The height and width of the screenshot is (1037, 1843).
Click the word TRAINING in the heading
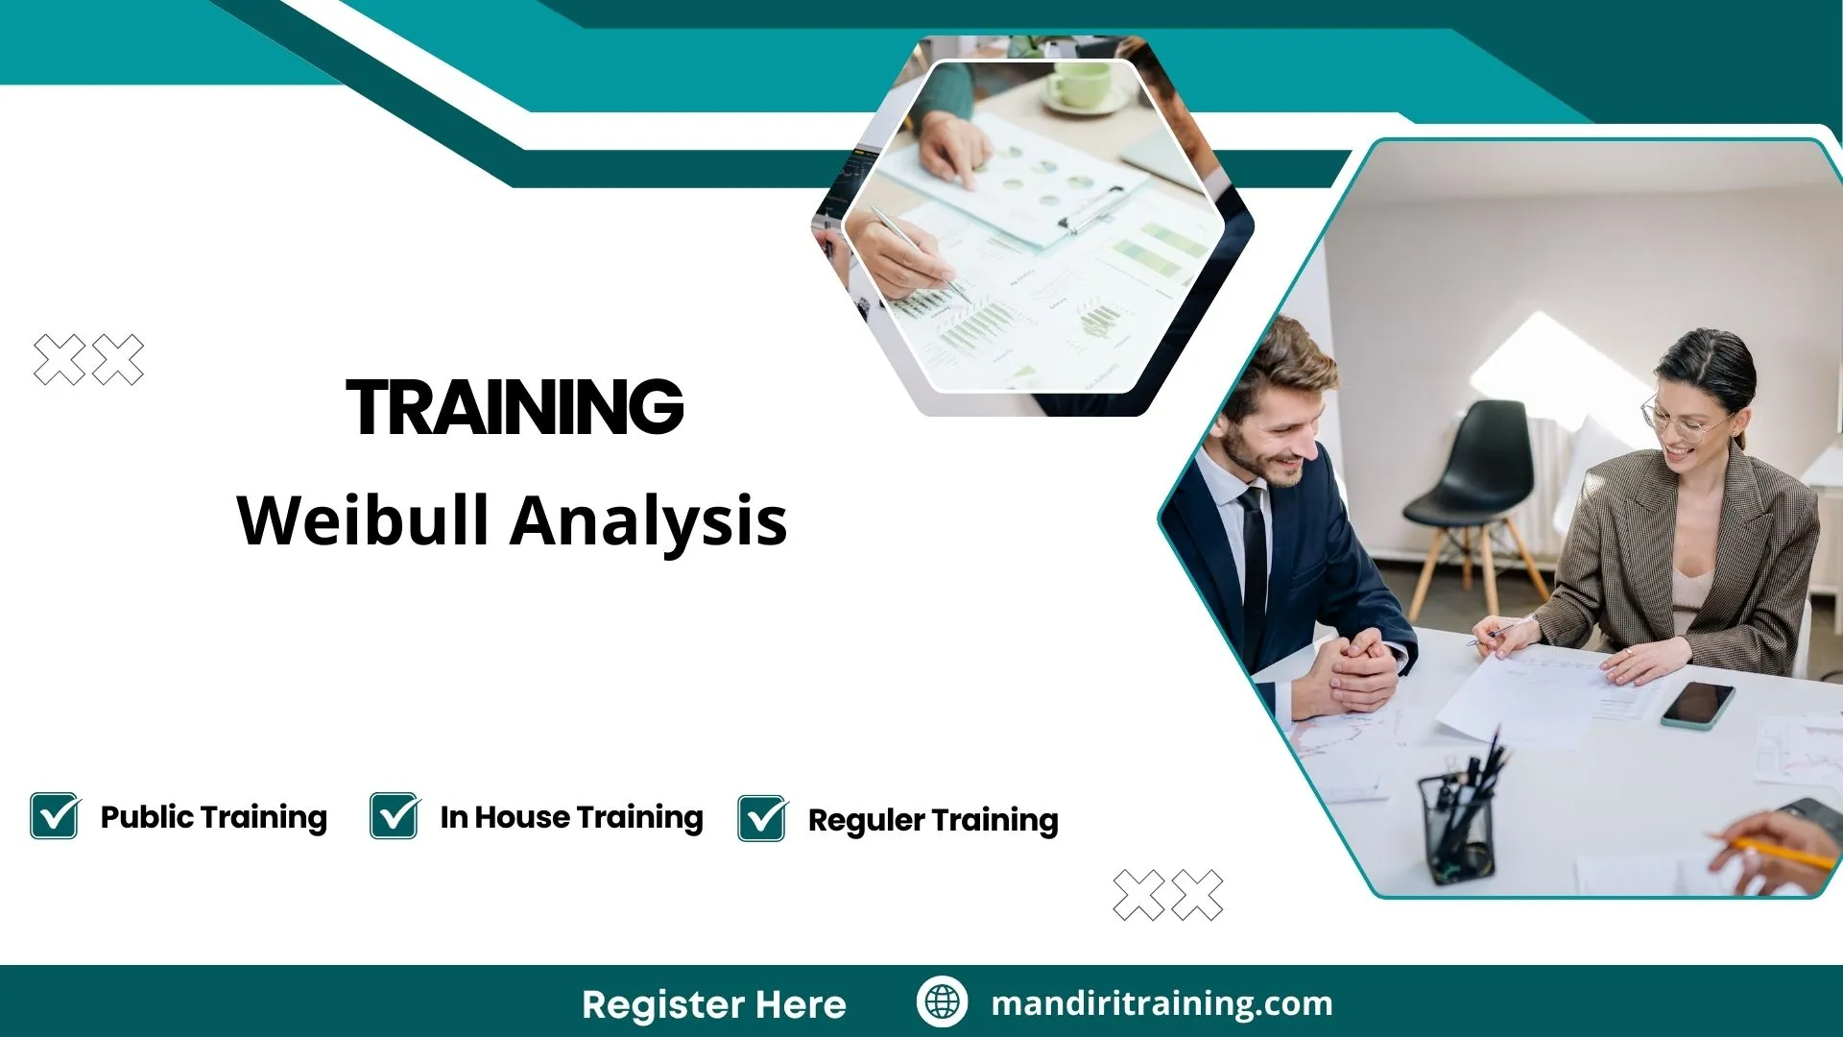515,407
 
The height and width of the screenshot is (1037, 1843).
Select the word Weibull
363,520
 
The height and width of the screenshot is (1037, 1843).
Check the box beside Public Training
54,816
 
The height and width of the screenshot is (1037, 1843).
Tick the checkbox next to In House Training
394,816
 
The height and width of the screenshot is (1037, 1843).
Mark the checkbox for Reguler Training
762,819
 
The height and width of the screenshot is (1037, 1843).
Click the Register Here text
713,1004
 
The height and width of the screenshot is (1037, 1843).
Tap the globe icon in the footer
942,1001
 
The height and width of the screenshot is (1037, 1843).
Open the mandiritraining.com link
1161,1003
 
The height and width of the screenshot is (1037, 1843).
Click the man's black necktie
1253,567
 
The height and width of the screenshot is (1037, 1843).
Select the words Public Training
213,817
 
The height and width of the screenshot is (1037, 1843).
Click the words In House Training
571,817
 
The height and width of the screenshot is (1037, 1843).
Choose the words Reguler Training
933,820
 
